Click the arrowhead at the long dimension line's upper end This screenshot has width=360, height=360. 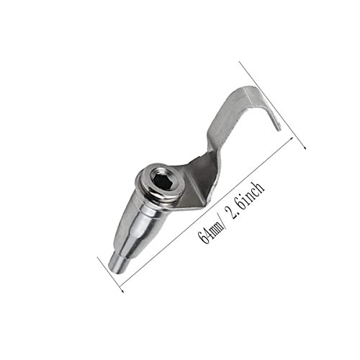pyautogui.click(x=291, y=139)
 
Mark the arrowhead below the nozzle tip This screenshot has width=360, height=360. pyautogui.click(x=122, y=291)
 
